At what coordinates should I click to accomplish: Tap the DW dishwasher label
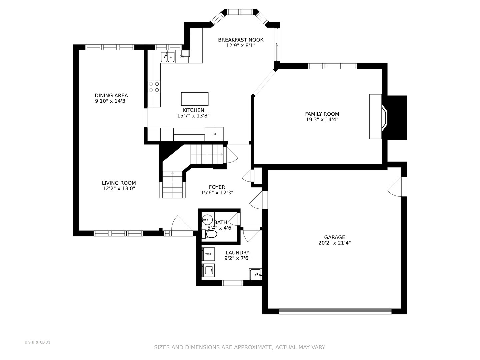[182, 56]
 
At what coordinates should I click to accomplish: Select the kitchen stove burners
[154, 87]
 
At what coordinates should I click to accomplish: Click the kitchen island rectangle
[195, 99]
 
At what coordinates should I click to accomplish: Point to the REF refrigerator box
[214, 134]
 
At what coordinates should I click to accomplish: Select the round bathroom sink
[207, 219]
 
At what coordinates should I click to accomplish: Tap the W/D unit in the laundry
[208, 254]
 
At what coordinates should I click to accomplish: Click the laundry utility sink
[255, 274]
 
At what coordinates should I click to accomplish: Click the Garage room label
[335, 237]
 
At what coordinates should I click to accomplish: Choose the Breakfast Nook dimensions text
[241, 45]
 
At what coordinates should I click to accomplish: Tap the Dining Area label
[111, 96]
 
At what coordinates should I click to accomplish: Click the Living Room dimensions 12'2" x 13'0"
[119, 188]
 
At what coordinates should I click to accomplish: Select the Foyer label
[217, 187]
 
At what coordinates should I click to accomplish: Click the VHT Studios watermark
[37, 342]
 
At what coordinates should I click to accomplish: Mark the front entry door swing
[182, 226]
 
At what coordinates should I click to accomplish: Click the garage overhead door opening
[335, 311]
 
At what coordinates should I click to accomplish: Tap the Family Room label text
[322, 114]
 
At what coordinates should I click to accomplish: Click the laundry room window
[232, 283]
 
